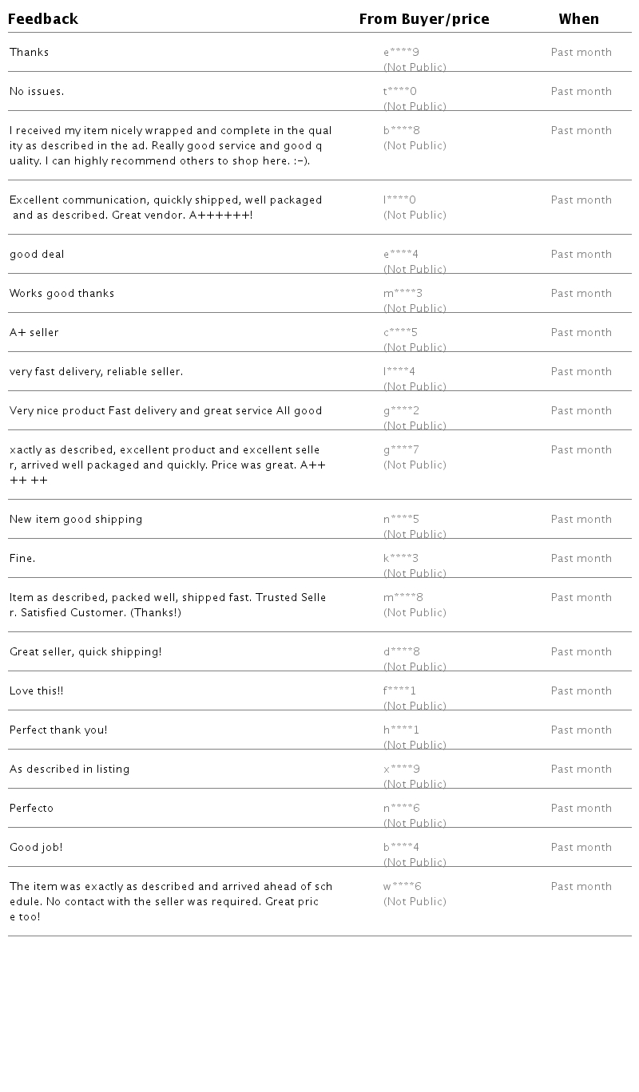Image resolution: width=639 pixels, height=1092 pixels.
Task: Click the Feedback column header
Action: [x=43, y=19]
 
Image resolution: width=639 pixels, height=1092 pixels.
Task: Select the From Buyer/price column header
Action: [x=423, y=19]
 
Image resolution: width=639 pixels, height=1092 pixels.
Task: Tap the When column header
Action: [x=578, y=19]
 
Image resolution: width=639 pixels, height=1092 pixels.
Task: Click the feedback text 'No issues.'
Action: [x=37, y=92]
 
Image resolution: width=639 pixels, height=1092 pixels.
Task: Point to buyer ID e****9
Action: [x=401, y=53]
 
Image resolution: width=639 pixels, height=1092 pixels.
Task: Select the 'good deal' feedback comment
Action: [x=37, y=255]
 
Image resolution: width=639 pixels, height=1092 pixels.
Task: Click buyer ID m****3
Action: [x=403, y=294]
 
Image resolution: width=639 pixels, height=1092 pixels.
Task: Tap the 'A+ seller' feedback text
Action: [x=34, y=333]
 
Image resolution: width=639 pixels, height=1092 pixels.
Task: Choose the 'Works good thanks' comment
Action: [x=62, y=294]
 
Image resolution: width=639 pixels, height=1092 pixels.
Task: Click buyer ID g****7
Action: [x=401, y=450]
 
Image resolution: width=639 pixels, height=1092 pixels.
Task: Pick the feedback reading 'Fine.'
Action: [x=22, y=559]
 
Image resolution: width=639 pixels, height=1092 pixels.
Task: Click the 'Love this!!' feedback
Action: [x=37, y=691]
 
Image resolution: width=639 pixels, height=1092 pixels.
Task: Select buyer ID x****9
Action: [x=402, y=770]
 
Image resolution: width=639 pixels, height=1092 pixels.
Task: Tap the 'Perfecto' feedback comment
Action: [x=32, y=809]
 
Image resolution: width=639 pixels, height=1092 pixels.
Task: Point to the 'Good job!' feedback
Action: [x=36, y=848]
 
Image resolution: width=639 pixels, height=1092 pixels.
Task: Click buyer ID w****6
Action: [x=402, y=887]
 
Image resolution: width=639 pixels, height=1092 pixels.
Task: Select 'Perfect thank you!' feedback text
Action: [x=58, y=730]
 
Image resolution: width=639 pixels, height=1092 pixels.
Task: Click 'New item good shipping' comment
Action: [x=76, y=520]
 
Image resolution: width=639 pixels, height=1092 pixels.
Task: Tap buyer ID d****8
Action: [x=402, y=652]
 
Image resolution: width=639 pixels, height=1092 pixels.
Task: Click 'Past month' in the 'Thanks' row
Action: [x=581, y=53]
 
